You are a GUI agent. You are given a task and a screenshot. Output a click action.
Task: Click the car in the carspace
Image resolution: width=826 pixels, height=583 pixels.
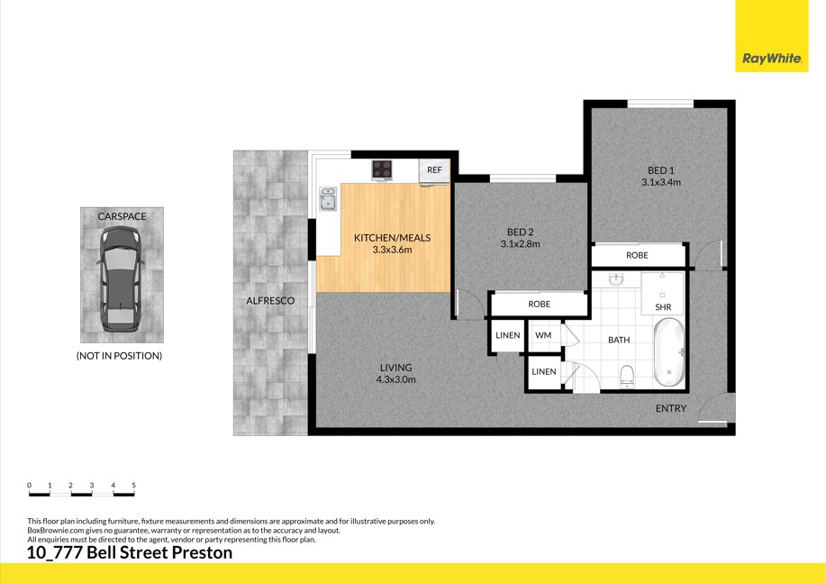pos(122,279)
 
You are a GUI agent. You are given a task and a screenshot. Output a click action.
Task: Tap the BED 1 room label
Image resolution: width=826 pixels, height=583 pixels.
pos(660,170)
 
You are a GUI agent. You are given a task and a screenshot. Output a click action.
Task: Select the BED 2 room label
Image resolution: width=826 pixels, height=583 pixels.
pos(520,232)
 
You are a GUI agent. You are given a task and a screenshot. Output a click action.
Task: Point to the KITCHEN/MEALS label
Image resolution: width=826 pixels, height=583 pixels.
pos(392,238)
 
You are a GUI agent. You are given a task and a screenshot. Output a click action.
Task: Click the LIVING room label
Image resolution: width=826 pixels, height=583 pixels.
pos(395,368)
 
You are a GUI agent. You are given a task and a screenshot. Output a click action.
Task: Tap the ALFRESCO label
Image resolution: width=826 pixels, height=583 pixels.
pos(270,300)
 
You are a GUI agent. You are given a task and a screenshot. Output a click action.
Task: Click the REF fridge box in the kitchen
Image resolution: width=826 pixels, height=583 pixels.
pos(434,170)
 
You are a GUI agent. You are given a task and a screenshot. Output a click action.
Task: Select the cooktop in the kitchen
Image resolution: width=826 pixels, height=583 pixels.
pos(383,169)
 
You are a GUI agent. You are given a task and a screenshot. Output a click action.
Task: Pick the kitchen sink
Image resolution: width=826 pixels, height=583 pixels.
pos(328,199)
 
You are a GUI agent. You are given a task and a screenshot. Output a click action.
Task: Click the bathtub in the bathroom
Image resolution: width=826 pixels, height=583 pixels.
pos(668,352)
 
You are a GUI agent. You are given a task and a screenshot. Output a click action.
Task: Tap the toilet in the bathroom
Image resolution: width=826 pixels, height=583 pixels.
pos(628,374)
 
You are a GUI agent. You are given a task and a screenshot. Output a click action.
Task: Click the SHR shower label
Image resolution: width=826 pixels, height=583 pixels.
pos(663,307)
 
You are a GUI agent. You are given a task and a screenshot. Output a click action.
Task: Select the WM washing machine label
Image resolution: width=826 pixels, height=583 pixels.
pos(542,335)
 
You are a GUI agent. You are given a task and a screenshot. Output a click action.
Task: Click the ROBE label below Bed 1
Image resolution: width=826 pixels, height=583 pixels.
pos(637,256)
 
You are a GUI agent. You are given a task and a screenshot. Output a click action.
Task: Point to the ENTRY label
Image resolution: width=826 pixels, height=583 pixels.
pos(671,408)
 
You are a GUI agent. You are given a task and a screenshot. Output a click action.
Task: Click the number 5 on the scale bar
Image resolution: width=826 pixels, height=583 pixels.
pos(134,486)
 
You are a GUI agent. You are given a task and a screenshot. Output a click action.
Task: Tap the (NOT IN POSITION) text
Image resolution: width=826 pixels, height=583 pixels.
pos(119,356)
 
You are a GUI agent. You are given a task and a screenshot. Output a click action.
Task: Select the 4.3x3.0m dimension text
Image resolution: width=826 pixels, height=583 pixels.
pos(395,379)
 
